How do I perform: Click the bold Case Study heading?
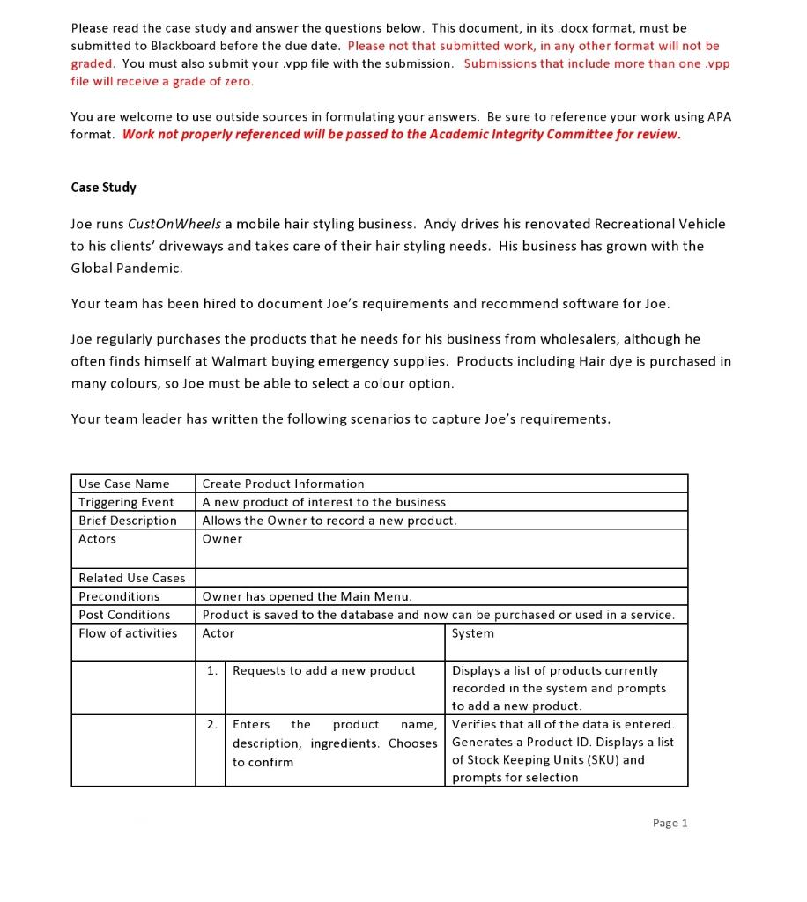[x=103, y=188]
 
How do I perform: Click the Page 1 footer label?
[x=670, y=823]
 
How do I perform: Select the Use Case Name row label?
[x=123, y=484]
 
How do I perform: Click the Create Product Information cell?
[x=283, y=484]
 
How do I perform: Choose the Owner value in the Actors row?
[x=222, y=539]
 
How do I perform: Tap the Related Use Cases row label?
[x=132, y=578]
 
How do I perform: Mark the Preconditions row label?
[x=119, y=596]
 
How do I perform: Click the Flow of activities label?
[x=128, y=633]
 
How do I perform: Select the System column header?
[x=473, y=633]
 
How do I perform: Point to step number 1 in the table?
[x=211, y=671]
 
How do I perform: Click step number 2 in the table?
[x=211, y=724]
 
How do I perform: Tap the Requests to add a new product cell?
[x=323, y=671]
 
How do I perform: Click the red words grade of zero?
[x=216, y=81]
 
